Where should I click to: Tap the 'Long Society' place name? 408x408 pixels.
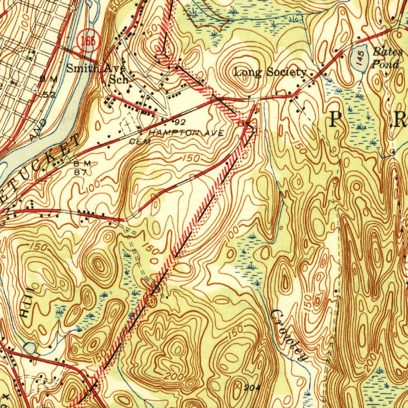[270, 72]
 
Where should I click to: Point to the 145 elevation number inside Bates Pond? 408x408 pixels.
[360, 58]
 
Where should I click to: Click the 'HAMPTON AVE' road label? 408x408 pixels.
[186, 133]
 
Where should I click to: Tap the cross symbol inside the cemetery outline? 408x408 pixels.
[127, 125]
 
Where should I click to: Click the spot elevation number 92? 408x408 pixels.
[180, 120]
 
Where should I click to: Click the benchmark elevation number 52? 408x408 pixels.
[49, 94]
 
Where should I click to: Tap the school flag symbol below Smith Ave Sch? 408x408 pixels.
[128, 88]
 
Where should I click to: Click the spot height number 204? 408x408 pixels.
[250, 387]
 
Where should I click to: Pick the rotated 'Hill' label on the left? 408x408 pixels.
[25, 307]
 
